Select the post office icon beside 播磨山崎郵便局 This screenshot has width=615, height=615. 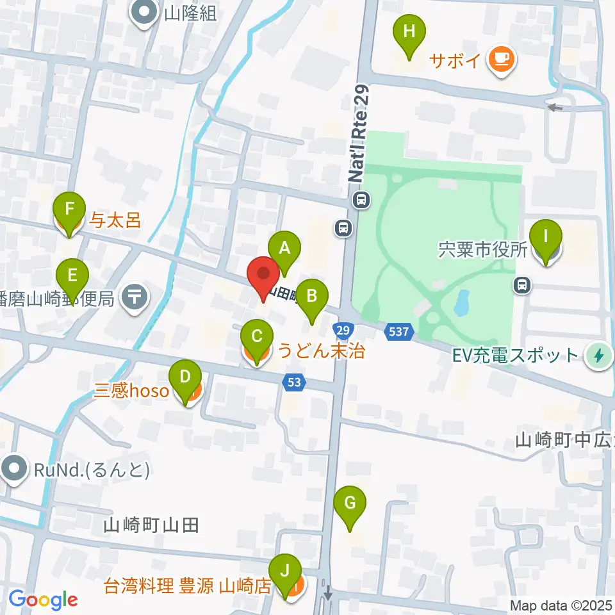pyautogui.click(x=135, y=297)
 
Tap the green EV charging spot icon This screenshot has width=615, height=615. pyautogui.click(x=600, y=355)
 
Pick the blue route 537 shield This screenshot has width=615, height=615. pyautogui.click(x=397, y=331)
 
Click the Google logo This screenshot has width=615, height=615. pyautogui.click(x=43, y=600)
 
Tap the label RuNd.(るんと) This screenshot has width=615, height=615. pyautogui.click(x=93, y=470)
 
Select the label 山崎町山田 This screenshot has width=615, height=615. pyautogui.click(x=151, y=526)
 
